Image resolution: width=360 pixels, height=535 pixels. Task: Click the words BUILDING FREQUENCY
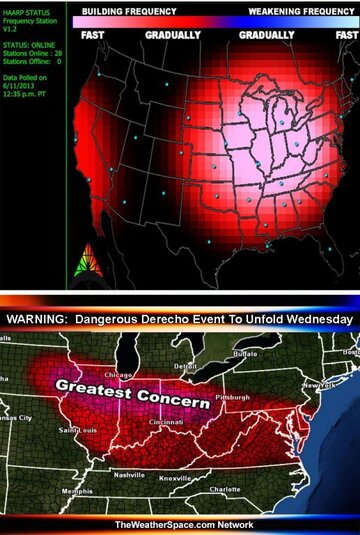[x=129, y=10]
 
